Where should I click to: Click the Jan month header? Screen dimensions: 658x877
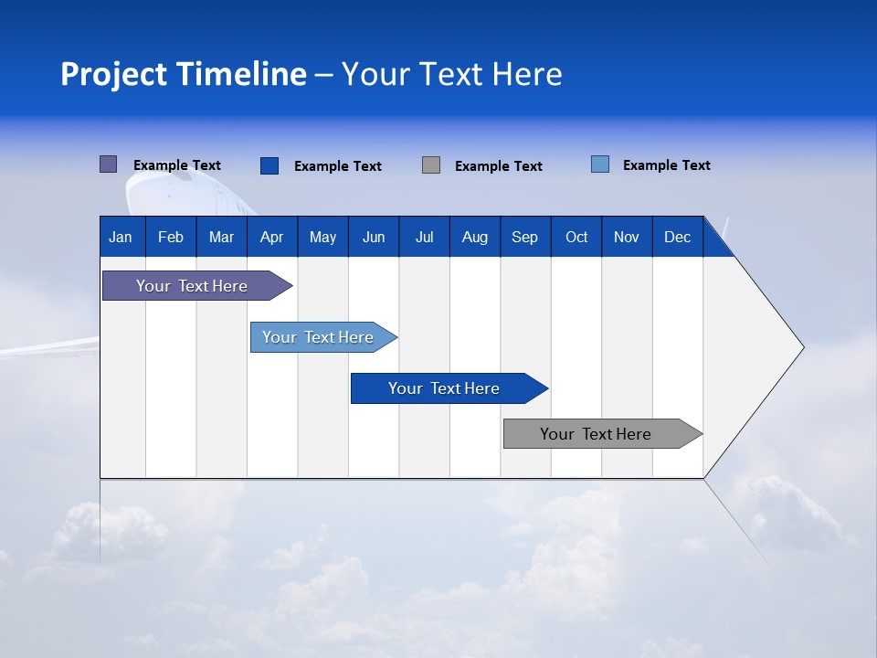click(121, 237)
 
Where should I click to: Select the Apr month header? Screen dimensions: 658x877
click(271, 237)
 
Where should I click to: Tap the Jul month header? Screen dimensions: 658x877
click(424, 237)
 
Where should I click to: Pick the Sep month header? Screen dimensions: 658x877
click(524, 237)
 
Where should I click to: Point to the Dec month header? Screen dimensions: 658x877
click(677, 237)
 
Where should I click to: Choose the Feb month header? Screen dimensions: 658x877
click(171, 237)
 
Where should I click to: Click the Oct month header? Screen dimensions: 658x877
click(576, 237)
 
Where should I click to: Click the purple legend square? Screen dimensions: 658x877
click(108, 164)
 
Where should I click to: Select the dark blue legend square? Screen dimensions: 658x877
click(269, 165)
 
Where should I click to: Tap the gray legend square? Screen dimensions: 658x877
click(431, 165)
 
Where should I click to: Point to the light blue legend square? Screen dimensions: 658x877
click(599, 164)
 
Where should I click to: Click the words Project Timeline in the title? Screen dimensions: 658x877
click(184, 74)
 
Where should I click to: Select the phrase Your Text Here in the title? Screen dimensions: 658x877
click(451, 74)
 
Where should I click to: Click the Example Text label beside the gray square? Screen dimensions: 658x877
click(498, 166)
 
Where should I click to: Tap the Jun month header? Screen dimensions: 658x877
click(374, 237)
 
